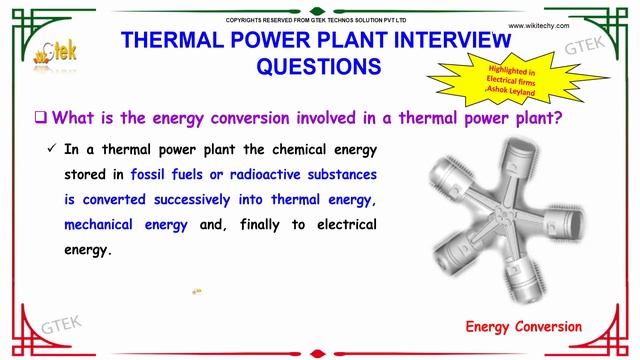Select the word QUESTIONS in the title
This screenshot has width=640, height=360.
(319, 67)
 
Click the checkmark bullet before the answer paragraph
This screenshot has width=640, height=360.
(51, 149)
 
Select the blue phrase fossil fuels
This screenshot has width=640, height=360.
(167, 173)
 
